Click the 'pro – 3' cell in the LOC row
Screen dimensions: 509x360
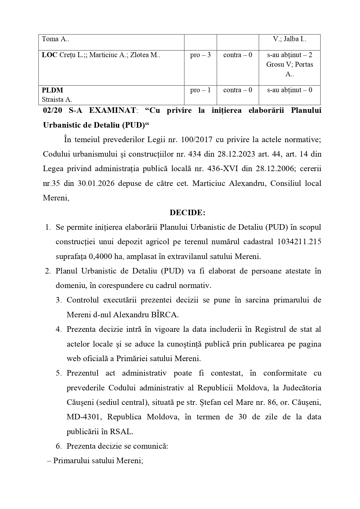coord(200,55)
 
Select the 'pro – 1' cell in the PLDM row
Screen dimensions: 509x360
coord(200,90)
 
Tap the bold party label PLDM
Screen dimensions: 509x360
coord(53,90)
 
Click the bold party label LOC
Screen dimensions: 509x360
coord(49,55)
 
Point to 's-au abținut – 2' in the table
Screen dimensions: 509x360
coord(290,55)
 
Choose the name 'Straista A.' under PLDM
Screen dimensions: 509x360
coord(57,99)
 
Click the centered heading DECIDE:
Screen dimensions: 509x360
coord(187,213)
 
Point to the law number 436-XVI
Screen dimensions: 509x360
coord(214,169)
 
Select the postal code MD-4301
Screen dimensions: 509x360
coord(84,417)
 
